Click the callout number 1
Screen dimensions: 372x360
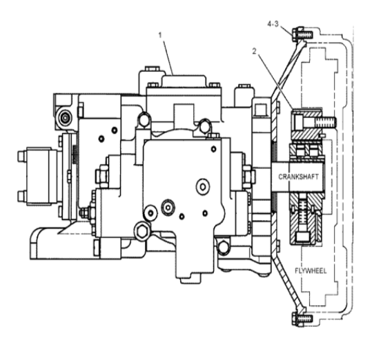(x=160, y=35)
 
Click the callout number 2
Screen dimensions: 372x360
(x=254, y=51)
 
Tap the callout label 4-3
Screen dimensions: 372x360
(x=273, y=24)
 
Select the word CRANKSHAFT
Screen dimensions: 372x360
(x=298, y=177)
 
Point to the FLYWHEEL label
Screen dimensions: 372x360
(x=311, y=270)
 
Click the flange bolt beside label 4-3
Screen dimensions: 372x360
(x=302, y=34)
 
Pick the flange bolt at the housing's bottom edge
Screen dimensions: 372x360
(x=302, y=319)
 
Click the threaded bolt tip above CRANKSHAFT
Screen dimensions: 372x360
(x=325, y=122)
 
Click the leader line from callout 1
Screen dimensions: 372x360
(x=168, y=57)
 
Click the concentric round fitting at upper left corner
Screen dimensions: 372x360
(x=65, y=117)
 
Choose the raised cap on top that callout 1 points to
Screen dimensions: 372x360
(x=184, y=81)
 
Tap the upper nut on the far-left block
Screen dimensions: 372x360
(x=22, y=156)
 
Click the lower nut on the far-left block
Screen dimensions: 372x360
(x=22, y=197)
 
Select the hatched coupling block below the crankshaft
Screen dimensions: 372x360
(x=306, y=219)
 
